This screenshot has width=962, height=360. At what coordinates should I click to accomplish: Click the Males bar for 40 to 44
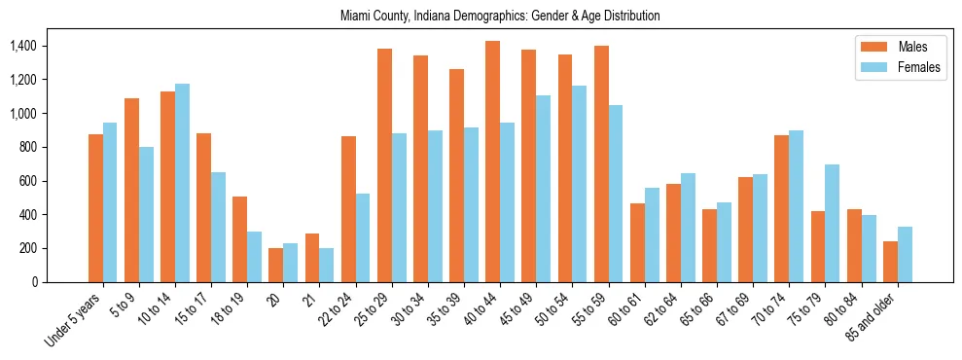[492, 162]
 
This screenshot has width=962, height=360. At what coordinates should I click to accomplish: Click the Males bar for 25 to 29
[384, 165]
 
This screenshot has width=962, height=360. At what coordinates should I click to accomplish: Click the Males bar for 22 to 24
[348, 209]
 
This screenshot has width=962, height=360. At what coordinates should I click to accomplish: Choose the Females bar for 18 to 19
[254, 257]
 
